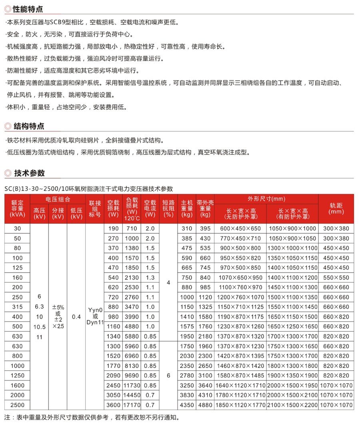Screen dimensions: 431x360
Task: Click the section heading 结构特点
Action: (28, 126)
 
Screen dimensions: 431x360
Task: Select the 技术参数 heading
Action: (29, 173)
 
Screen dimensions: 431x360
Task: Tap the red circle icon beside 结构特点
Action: (8, 126)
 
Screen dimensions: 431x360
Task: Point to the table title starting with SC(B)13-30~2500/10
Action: (88, 189)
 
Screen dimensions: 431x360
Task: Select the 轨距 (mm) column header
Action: (336, 208)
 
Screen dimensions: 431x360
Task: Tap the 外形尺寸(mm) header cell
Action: (266, 199)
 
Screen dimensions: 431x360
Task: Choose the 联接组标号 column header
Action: (95, 208)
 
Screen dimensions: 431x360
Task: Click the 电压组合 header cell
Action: (58, 199)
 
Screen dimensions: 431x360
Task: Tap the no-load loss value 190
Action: (113, 229)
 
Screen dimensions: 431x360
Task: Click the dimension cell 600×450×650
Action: (240, 229)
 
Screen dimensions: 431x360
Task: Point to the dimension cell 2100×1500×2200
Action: (292, 405)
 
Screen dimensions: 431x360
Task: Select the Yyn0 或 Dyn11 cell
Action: (95, 317)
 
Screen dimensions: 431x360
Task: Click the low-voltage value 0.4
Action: (76, 317)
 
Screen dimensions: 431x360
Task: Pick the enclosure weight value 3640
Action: (205, 385)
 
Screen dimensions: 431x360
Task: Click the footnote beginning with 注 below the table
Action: (92, 418)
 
